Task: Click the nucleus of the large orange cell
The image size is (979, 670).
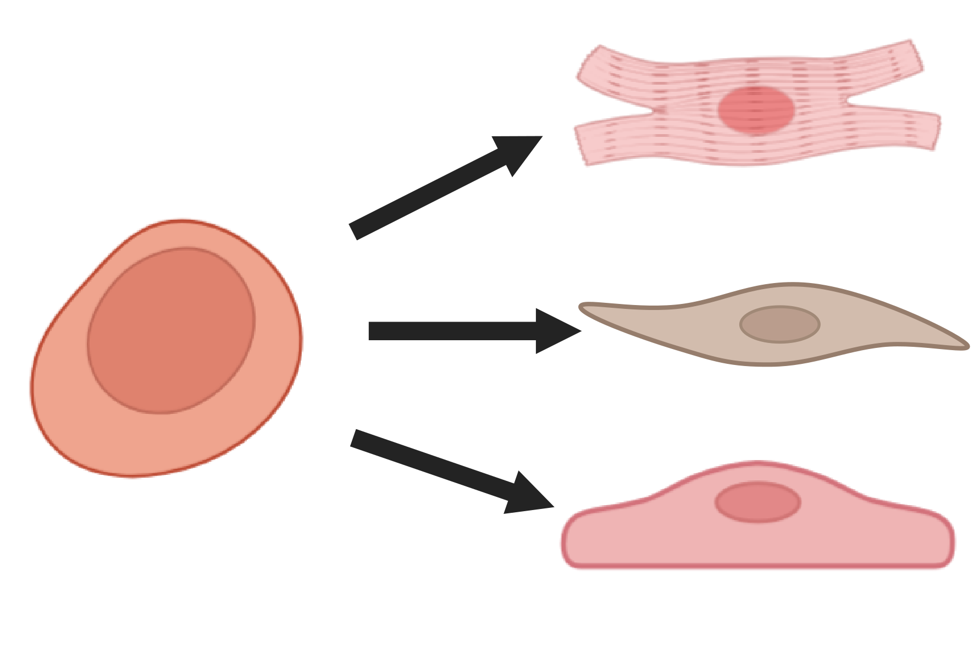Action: click(171, 330)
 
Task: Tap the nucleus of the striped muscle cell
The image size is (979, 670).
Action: click(756, 110)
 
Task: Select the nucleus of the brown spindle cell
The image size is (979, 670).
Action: click(779, 324)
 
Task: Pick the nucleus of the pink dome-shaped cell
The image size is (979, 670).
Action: click(757, 502)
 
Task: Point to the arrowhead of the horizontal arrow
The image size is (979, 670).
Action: click(561, 331)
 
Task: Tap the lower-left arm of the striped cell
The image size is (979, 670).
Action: click(594, 143)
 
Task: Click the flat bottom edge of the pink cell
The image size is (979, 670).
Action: click(757, 564)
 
